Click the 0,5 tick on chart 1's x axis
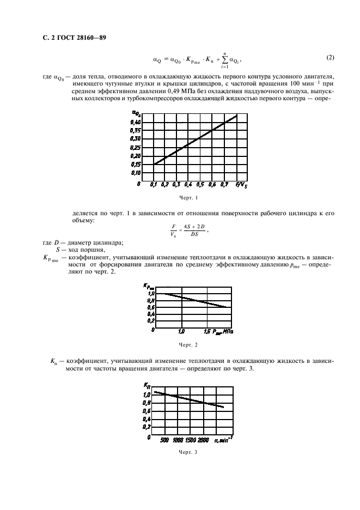[200, 185]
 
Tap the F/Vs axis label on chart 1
[240, 185]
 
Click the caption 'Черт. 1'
[188, 198]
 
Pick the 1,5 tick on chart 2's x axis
[209, 331]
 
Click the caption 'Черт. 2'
[188, 344]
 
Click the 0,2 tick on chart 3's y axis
[147, 427]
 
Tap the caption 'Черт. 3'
[188, 452]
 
